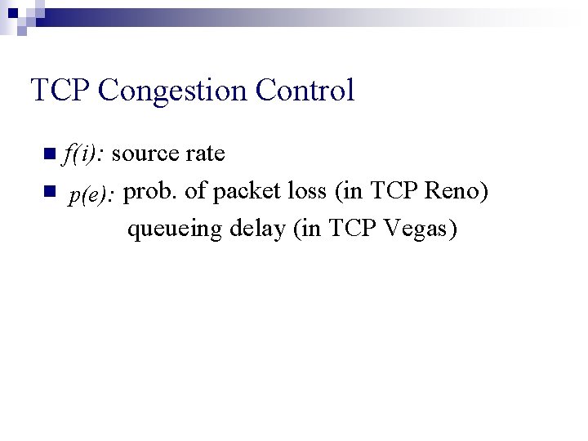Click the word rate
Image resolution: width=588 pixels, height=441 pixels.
coord(205,154)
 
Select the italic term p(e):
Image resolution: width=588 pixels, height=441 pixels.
coord(94,194)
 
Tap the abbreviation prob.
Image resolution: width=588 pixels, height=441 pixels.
coord(152,191)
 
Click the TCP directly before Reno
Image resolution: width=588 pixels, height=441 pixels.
coord(396,191)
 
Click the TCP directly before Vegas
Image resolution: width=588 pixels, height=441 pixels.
coord(354,229)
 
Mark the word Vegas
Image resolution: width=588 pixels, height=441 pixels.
coord(417,230)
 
